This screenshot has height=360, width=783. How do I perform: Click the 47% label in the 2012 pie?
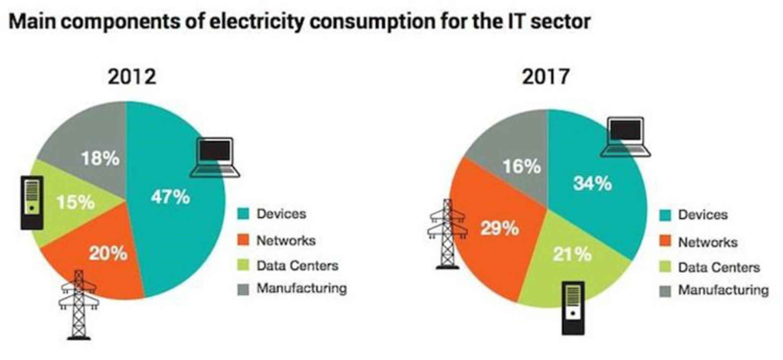[170, 197]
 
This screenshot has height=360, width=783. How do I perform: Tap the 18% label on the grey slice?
[100, 158]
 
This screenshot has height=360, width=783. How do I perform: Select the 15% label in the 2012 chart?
[75, 202]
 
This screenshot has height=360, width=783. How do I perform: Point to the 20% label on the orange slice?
[108, 254]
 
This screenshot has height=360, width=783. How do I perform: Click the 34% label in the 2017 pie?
[592, 183]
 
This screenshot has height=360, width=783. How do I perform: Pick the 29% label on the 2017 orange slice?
[500, 228]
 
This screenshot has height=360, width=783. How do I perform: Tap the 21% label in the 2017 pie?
[572, 254]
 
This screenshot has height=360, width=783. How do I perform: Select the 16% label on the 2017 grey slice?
[522, 166]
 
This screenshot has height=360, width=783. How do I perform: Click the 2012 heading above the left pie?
[132, 77]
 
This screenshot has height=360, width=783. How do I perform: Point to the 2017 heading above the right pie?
[546, 77]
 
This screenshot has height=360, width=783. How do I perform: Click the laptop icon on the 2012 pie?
[215, 158]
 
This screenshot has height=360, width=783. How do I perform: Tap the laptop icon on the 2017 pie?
[626, 137]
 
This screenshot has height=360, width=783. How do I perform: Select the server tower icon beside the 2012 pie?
[32, 203]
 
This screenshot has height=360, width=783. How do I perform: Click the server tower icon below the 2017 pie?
[573, 308]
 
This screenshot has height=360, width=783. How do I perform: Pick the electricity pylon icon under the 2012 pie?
[79, 305]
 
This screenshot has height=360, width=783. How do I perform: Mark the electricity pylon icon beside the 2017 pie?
[447, 234]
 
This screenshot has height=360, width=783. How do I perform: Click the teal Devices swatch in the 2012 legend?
[243, 214]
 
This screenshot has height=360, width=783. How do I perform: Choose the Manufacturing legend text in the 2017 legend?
[723, 290]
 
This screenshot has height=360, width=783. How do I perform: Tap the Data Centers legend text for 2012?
[297, 266]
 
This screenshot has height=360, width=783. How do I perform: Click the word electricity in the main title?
[257, 21]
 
